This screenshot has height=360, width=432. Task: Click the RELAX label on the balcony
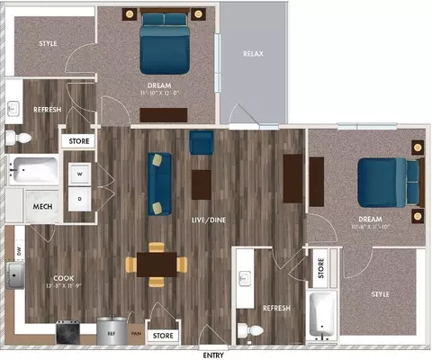coord(253,54)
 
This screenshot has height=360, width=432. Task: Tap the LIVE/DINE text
coord(213,220)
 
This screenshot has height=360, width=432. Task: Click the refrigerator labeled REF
coord(112,332)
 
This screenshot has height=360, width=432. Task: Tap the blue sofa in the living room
coord(160,183)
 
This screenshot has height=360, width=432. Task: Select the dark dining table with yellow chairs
coord(157,264)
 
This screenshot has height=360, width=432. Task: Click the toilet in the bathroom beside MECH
coord(19,138)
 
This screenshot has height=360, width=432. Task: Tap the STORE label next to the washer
coord(77,141)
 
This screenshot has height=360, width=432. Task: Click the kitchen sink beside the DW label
coord(16,274)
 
